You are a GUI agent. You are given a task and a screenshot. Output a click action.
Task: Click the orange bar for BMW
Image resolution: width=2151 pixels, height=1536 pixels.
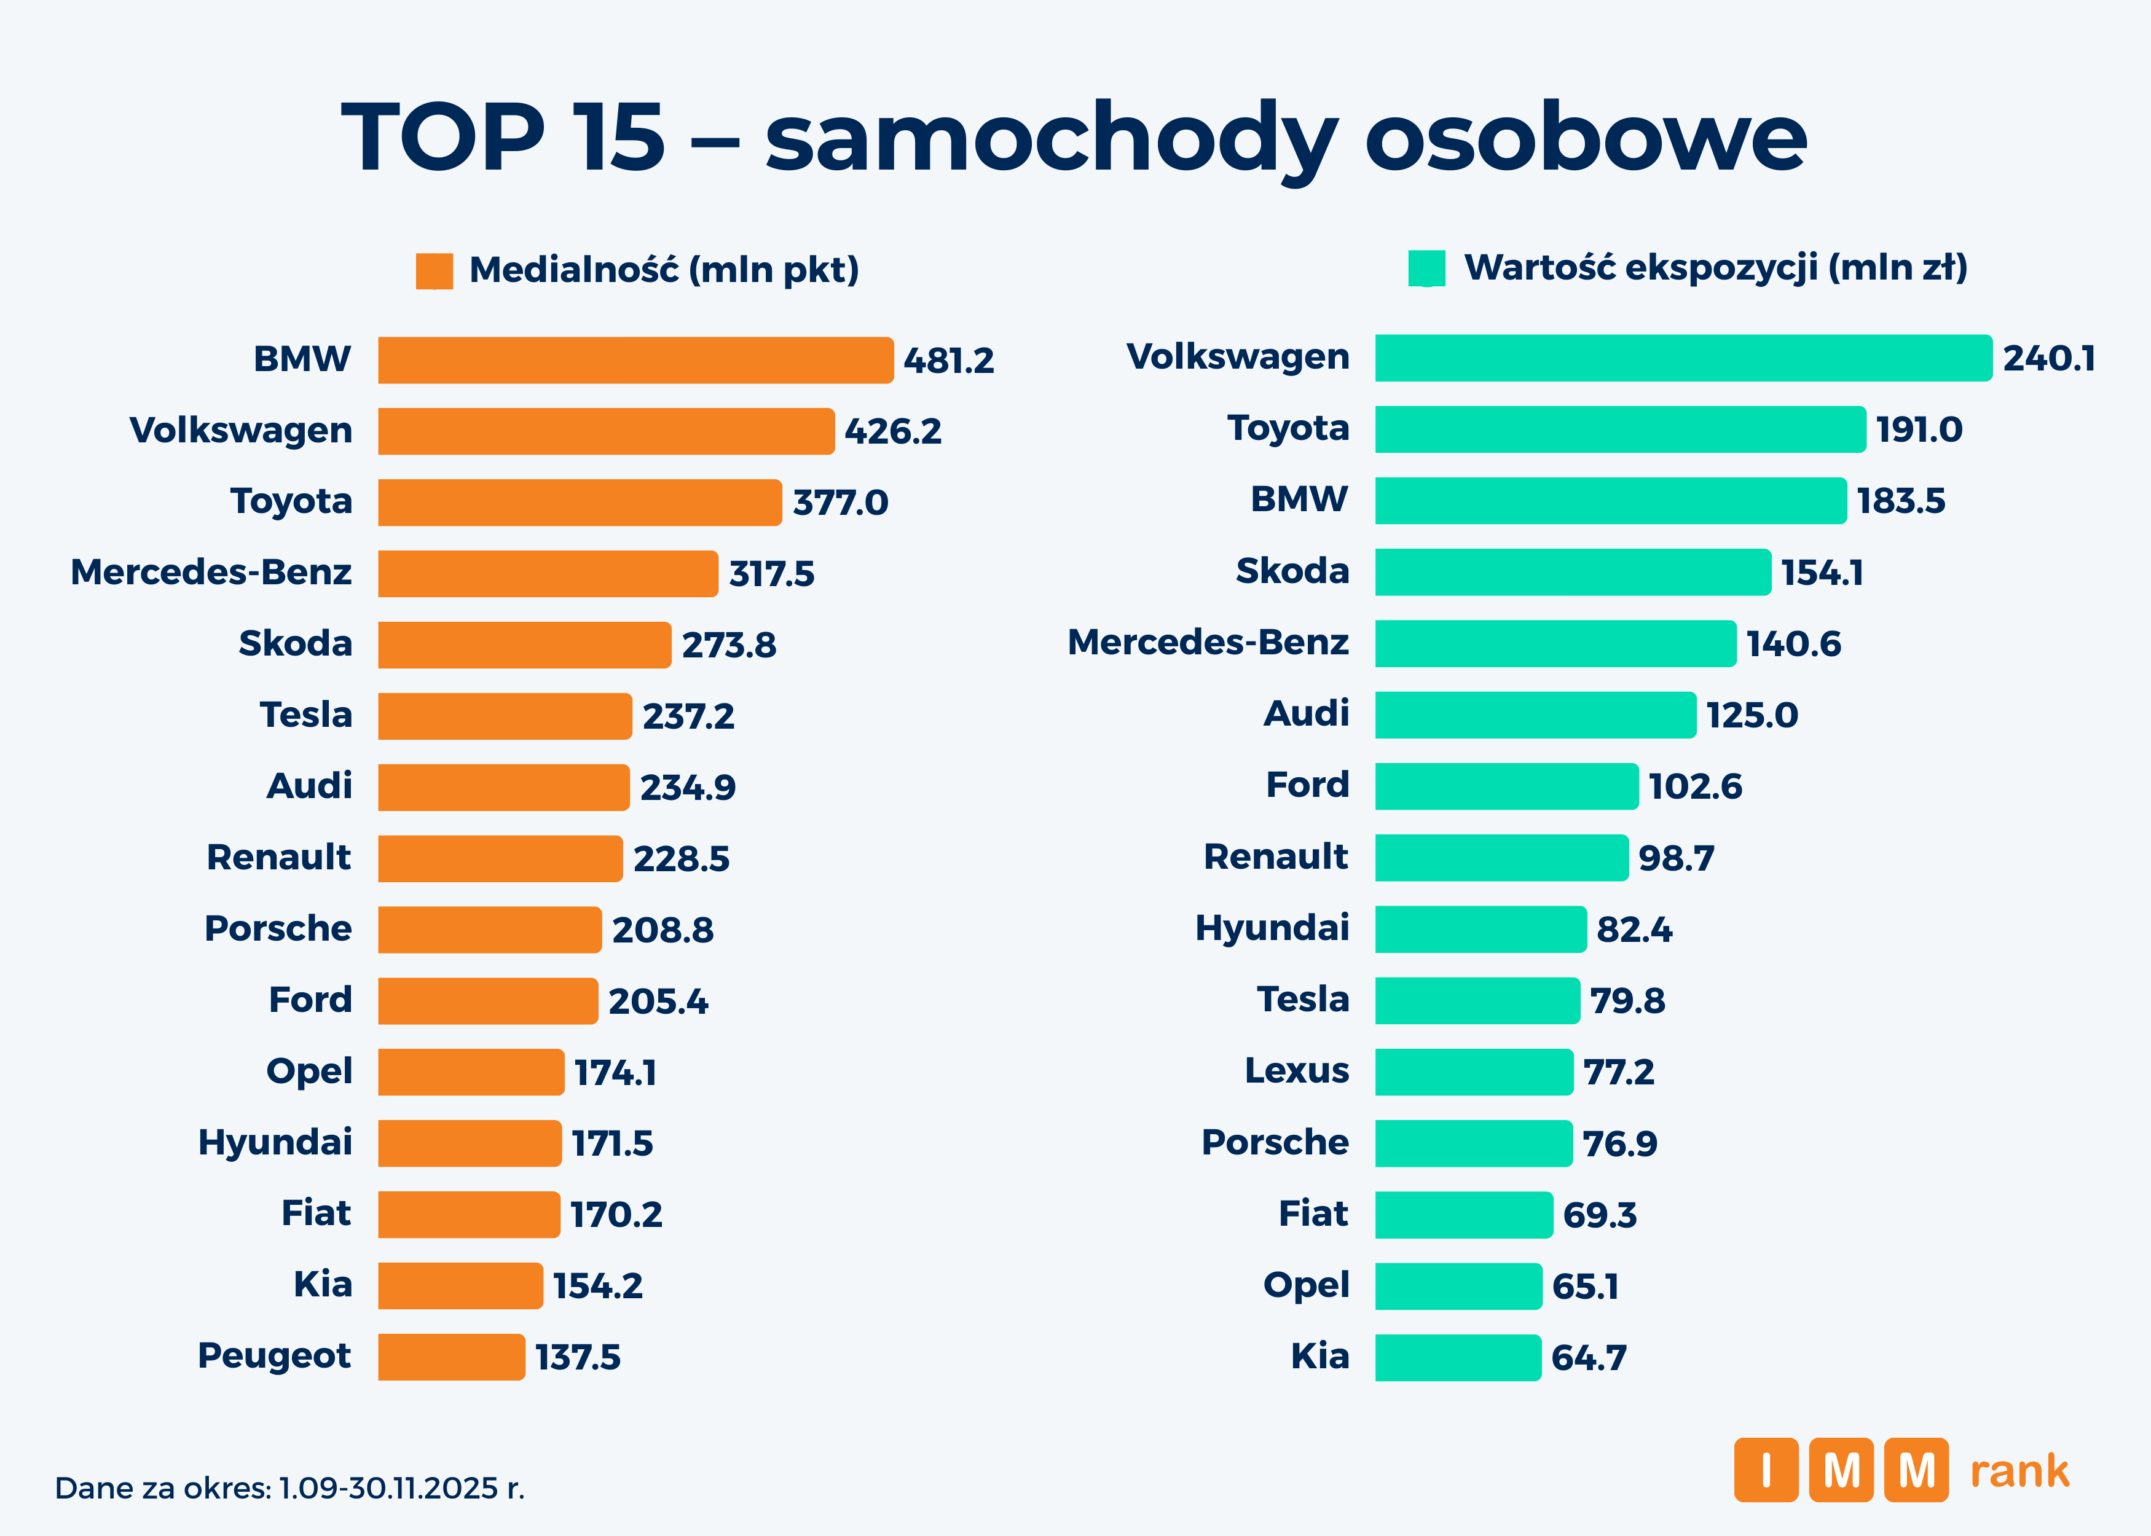(x=635, y=361)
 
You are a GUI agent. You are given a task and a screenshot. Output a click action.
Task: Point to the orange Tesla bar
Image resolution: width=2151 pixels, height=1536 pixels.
(x=504, y=716)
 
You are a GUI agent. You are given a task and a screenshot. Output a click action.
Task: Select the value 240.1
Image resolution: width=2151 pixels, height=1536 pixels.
(x=2049, y=358)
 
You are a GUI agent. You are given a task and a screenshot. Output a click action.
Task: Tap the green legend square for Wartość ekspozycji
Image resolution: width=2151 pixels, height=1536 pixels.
(x=1426, y=268)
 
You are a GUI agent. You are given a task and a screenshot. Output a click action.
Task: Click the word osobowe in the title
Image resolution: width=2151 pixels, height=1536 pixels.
(x=1586, y=138)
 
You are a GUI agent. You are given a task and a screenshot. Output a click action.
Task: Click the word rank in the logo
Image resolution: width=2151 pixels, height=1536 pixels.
(x=2019, y=1471)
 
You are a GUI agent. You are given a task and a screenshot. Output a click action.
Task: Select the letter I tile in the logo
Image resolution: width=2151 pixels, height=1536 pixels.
(x=1765, y=1470)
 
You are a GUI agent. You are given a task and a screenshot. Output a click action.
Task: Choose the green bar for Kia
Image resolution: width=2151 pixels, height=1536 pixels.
(x=1458, y=1357)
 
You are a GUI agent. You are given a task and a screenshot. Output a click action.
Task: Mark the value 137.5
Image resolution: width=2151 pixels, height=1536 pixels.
(x=577, y=1357)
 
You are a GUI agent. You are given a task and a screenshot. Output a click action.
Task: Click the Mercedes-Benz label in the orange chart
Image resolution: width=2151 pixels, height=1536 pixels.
(x=211, y=572)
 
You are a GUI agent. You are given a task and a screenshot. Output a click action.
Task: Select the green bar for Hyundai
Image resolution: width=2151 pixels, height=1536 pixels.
(x=1481, y=929)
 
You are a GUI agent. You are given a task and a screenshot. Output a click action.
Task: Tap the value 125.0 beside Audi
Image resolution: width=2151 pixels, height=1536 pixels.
(x=1751, y=715)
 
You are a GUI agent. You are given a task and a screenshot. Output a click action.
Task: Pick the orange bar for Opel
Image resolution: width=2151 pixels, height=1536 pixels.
(x=470, y=1072)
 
